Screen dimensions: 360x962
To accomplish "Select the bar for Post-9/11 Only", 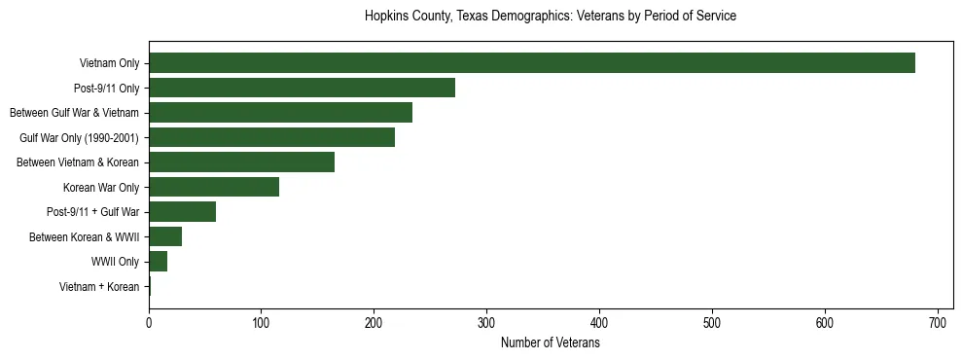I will point(302,88).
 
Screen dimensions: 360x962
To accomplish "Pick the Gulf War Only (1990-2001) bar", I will point(271,137).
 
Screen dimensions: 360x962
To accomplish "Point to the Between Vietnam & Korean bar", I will point(241,162).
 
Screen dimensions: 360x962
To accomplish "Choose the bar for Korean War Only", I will point(214,187).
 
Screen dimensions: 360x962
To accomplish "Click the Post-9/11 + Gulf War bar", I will point(182,212).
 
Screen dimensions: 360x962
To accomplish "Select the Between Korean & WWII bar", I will point(165,236).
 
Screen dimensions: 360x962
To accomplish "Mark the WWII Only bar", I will point(158,262).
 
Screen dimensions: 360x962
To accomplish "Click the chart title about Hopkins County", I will point(550,17).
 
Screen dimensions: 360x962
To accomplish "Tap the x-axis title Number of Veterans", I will point(550,343).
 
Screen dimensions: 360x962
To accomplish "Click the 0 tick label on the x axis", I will point(149,323).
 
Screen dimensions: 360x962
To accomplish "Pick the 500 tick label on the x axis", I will point(712,323).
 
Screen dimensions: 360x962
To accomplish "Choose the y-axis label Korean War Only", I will point(101,188).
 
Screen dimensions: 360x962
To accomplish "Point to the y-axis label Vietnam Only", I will point(109,64).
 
